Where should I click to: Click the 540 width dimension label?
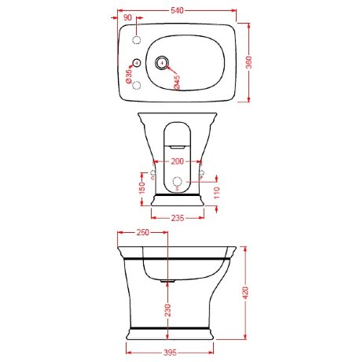[x=177, y=10]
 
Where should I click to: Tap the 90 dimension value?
[x=127, y=17]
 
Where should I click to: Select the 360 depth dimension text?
[x=249, y=62]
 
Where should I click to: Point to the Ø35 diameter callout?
[x=129, y=76]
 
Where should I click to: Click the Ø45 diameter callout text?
[x=176, y=82]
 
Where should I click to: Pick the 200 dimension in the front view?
[x=178, y=161]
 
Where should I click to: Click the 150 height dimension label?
[x=141, y=188]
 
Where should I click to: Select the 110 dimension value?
[x=217, y=193]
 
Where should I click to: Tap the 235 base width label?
[x=178, y=218]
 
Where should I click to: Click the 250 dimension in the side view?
[x=143, y=232]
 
